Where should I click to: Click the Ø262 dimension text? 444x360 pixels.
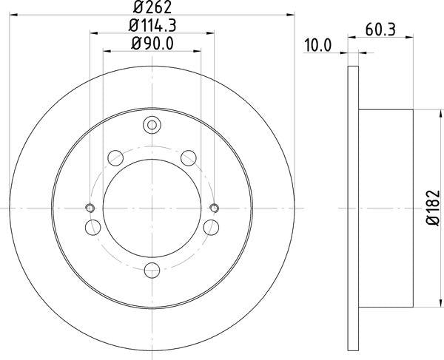(153, 8)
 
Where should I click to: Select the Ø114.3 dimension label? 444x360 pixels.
(153, 27)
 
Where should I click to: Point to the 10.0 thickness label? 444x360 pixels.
(317, 46)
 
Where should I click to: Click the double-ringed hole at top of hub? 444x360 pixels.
(152, 125)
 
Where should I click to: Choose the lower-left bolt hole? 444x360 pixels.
(92, 227)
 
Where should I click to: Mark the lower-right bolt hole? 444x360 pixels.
(212, 227)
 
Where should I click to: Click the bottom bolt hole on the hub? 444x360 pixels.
(152, 270)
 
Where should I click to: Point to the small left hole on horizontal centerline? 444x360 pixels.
(90, 208)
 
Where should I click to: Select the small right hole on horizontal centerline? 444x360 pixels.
(215, 208)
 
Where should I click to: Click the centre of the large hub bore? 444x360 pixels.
(152, 208)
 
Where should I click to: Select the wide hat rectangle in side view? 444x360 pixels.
(385, 209)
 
